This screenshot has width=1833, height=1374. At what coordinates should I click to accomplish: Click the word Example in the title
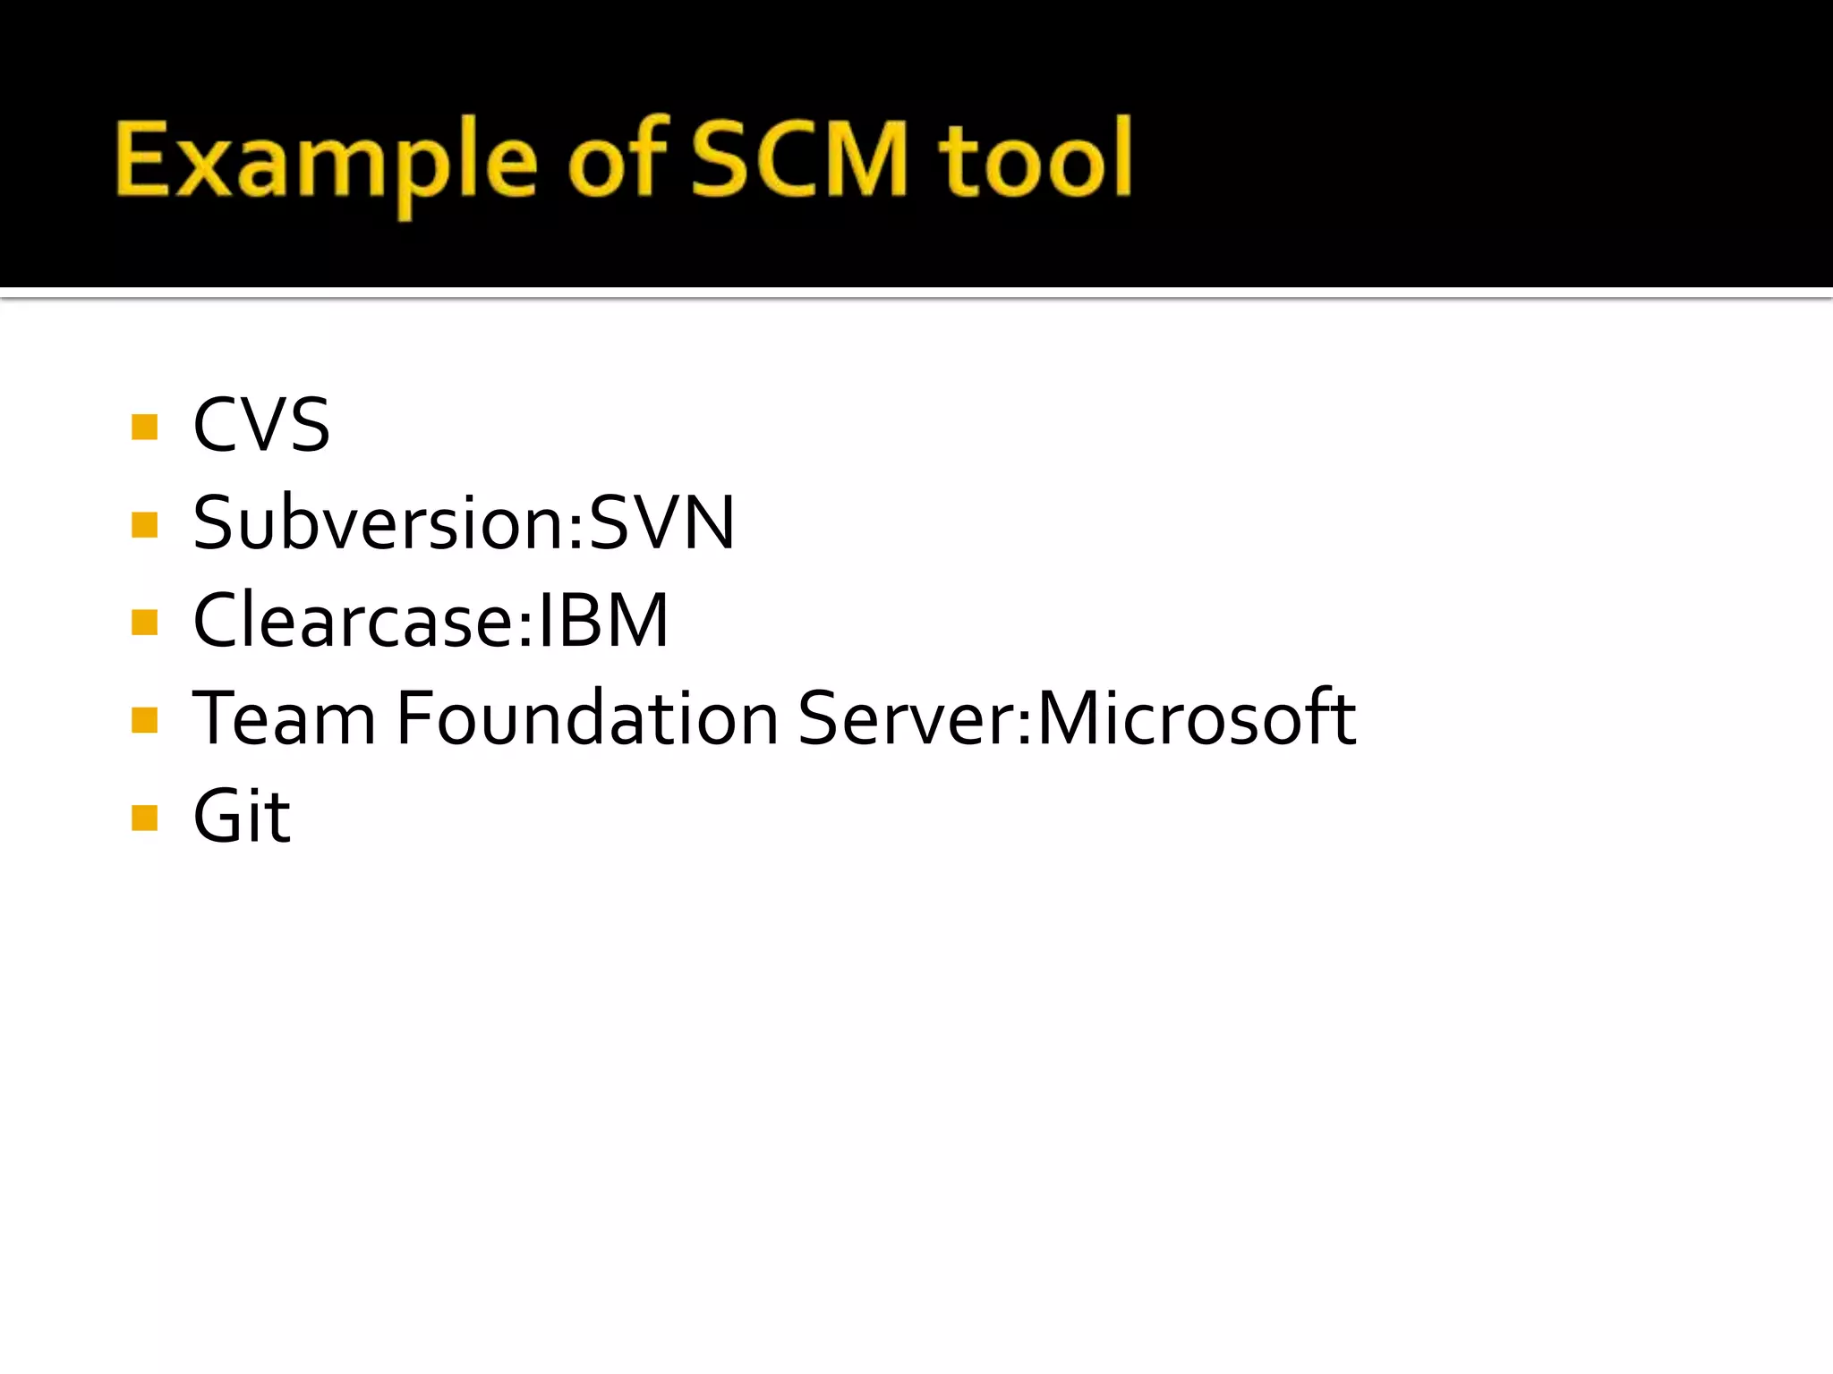click(327, 161)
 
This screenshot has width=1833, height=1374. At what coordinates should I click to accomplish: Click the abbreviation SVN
click(662, 522)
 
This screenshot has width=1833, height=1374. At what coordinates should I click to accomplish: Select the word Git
click(242, 816)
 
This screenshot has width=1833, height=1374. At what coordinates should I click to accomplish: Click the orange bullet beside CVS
click(144, 427)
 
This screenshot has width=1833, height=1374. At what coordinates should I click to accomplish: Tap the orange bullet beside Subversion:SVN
click(144, 524)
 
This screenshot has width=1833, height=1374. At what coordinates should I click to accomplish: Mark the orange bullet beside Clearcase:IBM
click(144, 622)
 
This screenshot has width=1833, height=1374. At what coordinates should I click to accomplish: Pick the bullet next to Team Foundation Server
click(144, 719)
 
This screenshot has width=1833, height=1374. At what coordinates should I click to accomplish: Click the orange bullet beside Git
click(144, 818)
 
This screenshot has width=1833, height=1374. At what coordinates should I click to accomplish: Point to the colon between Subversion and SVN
click(575, 532)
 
